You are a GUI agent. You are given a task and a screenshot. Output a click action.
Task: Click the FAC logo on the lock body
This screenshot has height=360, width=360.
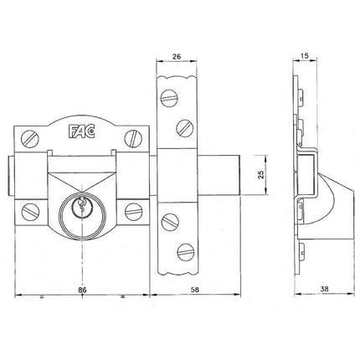tap(82, 131)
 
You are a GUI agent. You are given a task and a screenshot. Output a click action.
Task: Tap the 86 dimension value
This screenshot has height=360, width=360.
tap(82, 290)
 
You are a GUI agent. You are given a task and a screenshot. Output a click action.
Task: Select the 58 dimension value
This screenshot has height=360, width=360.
tap(195, 290)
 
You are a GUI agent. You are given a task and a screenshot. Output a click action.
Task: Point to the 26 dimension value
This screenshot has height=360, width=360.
tap(177, 56)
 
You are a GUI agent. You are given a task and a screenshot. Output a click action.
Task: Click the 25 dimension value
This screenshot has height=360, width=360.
tap(261, 175)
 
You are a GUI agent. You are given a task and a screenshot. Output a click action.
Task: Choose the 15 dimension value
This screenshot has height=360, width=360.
tap(306, 55)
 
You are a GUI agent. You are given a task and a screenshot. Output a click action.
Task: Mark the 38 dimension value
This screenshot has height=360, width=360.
tap(324, 289)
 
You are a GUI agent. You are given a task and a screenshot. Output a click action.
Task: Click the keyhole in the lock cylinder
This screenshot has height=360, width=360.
tap(82, 205)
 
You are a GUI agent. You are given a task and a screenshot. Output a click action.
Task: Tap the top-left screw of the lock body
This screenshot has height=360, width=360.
tap(30, 139)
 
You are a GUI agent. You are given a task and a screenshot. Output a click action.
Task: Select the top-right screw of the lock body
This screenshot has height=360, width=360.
tap(133, 139)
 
